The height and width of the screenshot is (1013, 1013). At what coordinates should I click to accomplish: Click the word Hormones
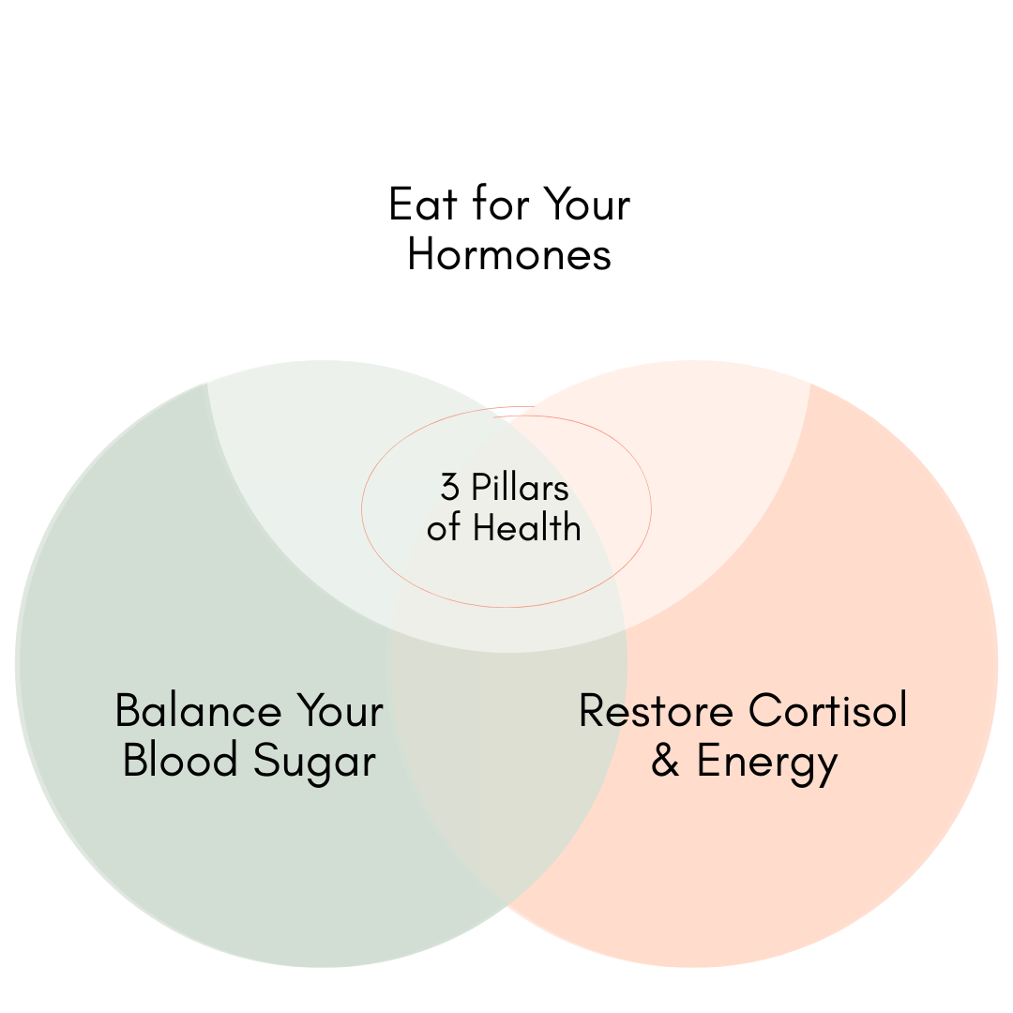point(509,254)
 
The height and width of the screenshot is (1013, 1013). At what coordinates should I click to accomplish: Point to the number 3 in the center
point(450,488)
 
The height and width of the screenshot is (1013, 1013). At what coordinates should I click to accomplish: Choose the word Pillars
point(520,488)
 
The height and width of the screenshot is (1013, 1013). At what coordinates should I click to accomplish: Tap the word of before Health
point(445,528)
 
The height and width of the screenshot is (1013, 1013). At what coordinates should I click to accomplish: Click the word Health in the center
point(527,528)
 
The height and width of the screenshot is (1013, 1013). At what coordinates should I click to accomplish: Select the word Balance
point(197,711)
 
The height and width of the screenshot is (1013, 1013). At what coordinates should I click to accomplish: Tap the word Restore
point(647,711)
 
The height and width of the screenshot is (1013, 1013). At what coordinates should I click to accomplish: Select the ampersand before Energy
point(665,762)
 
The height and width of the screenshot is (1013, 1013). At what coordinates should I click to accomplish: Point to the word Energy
point(767,762)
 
